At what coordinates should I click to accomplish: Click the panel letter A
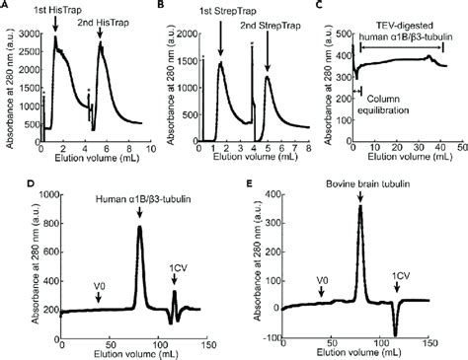[6, 6]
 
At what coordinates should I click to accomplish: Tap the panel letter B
[163, 6]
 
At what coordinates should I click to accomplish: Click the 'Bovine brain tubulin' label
[358, 183]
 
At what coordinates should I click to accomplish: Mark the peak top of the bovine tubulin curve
[360, 206]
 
